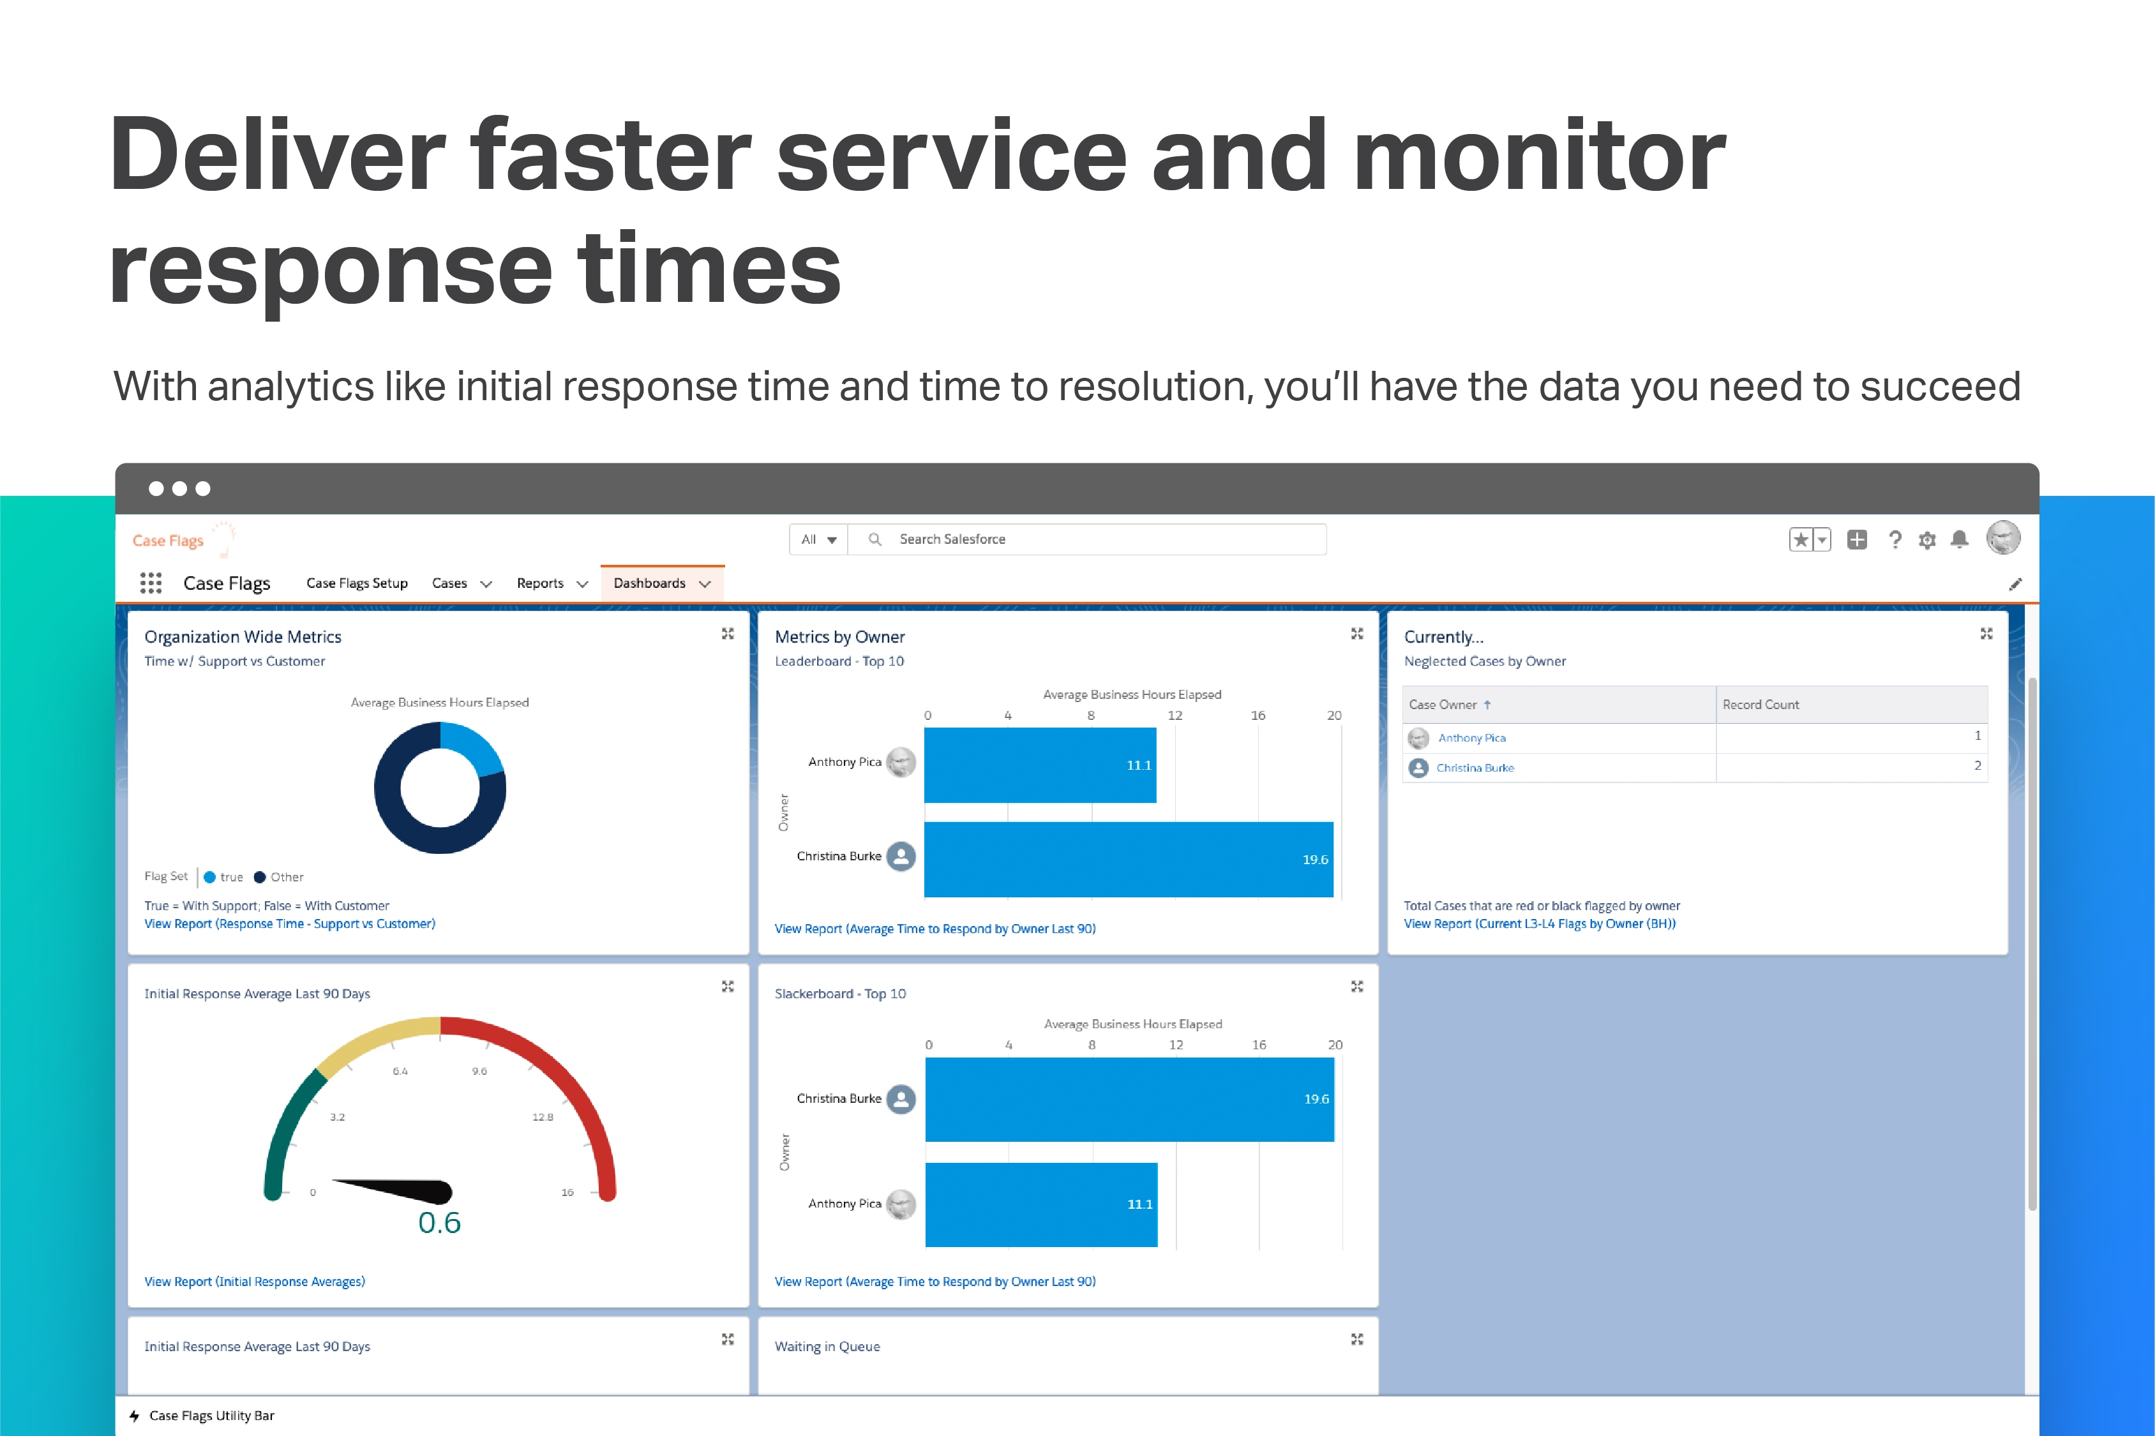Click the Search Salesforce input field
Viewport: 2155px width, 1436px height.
point(1099,539)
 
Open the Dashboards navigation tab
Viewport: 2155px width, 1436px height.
point(649,583)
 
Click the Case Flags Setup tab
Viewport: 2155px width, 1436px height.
point(356,583)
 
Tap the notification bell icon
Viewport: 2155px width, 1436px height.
point(1959,539)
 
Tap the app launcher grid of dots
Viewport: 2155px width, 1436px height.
point(150,583)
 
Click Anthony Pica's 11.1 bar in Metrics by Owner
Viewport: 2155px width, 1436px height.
point(1039,765)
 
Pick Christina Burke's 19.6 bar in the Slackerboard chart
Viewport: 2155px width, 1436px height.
point(1129,1099)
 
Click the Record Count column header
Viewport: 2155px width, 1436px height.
point(1761,704)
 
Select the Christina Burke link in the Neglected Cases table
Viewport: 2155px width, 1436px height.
point(1475,767)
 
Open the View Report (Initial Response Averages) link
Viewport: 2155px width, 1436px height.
point(255,1281)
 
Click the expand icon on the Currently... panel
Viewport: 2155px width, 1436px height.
point(1986,634)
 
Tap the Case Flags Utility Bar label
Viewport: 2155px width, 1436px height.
point(211,1416)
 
